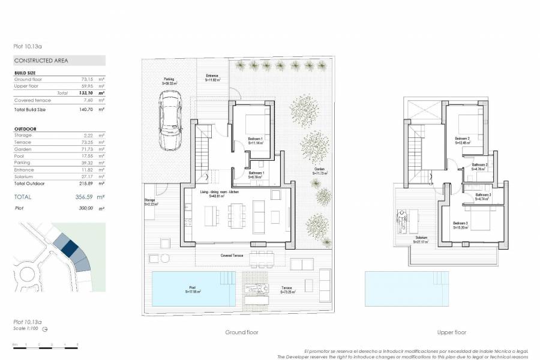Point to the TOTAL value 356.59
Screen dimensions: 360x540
[x=87, y=197]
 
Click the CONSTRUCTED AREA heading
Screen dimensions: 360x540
[x=41, y=61]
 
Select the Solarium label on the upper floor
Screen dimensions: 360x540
[x=421, y=239]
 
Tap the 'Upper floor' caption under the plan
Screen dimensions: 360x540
[x=452, y=332]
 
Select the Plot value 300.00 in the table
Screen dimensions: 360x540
[x=86, y=208]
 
